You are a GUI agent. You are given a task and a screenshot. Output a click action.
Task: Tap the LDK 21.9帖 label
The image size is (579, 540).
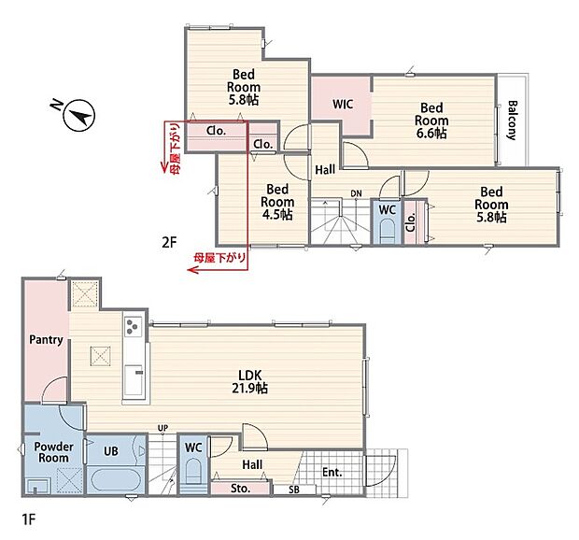pos(250,381)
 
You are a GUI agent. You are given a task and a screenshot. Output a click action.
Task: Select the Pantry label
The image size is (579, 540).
pos(46,339)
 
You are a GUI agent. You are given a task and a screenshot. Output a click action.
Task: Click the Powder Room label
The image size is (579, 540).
pos(53,452)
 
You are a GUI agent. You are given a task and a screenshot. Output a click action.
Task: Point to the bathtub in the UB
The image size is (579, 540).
pos(117,478)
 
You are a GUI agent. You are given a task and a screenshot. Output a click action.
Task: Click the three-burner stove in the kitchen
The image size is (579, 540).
pos(133,326)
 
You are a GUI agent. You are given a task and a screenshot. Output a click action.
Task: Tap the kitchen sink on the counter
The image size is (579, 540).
pos(134,380)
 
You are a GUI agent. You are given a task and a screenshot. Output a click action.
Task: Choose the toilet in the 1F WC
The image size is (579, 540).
pos(192,472)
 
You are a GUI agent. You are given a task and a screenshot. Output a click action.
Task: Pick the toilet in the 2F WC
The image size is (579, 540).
pos(387,232)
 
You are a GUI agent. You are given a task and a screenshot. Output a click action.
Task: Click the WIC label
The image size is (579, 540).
pos(343,104)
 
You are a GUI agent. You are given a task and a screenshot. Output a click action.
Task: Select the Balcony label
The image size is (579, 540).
pos(512,120)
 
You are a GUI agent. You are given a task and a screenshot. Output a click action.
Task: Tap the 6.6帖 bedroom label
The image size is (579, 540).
pos(431,121)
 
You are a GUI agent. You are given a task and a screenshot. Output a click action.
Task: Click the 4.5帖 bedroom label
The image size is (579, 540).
pos(277,202)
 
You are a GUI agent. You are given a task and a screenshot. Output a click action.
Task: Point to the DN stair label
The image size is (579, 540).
pos(356,193)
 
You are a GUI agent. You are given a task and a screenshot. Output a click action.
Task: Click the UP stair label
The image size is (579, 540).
pos(162,428)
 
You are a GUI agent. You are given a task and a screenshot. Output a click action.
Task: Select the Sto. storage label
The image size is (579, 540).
pos(240,489)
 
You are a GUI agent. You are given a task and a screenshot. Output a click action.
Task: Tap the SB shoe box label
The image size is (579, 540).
pos(294,490)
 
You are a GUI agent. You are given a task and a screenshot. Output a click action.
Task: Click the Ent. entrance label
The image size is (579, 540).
pos(332,472)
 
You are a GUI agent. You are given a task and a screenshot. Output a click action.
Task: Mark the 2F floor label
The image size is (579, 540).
pos(169,242)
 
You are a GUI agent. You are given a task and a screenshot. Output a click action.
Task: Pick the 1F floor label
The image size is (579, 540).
pos(29,519)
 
